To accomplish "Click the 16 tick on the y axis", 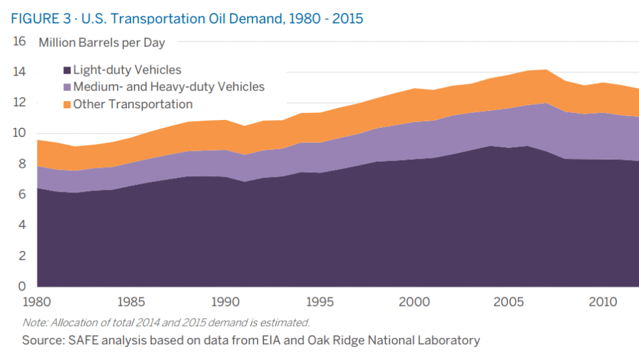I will (19, 42).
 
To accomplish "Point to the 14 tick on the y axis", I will (19, 72).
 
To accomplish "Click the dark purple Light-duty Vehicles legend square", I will (67, 70).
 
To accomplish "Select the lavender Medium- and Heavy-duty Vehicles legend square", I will (67, 87).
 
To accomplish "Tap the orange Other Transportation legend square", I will (67, 104).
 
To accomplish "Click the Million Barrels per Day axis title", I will (102, 44).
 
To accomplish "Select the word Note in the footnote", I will (32, 322).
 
